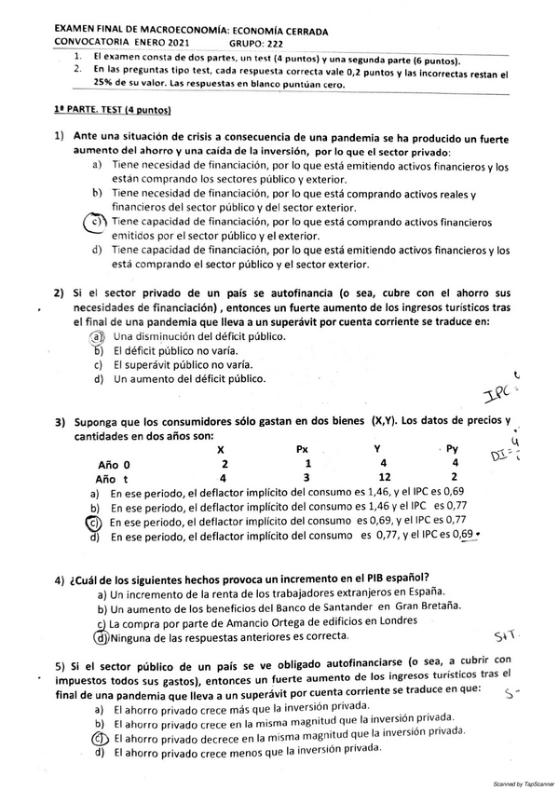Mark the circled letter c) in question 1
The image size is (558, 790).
[94, 223]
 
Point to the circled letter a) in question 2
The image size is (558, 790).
[95, 335]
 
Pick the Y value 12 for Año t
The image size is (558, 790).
[382, 478]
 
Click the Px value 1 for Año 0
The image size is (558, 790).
[304, 464]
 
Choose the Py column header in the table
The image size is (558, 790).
[452, 450]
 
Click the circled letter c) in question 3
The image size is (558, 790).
[93, 523]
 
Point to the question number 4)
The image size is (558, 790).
[60, 577]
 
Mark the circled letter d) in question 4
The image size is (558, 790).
[101, 638]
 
